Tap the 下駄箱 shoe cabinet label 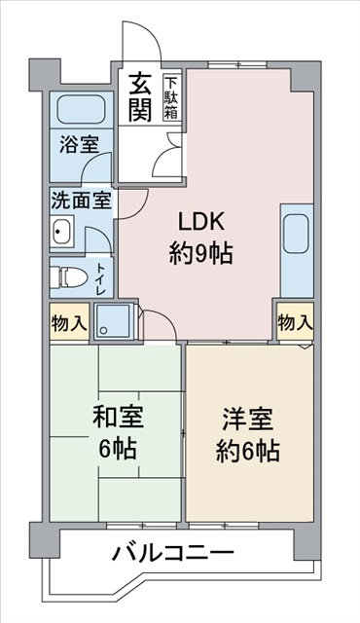pos(171,97)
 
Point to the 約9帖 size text pos(199,255)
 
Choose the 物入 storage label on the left pos(68,322)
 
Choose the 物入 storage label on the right pos(295,321)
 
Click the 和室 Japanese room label pos(117,418)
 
